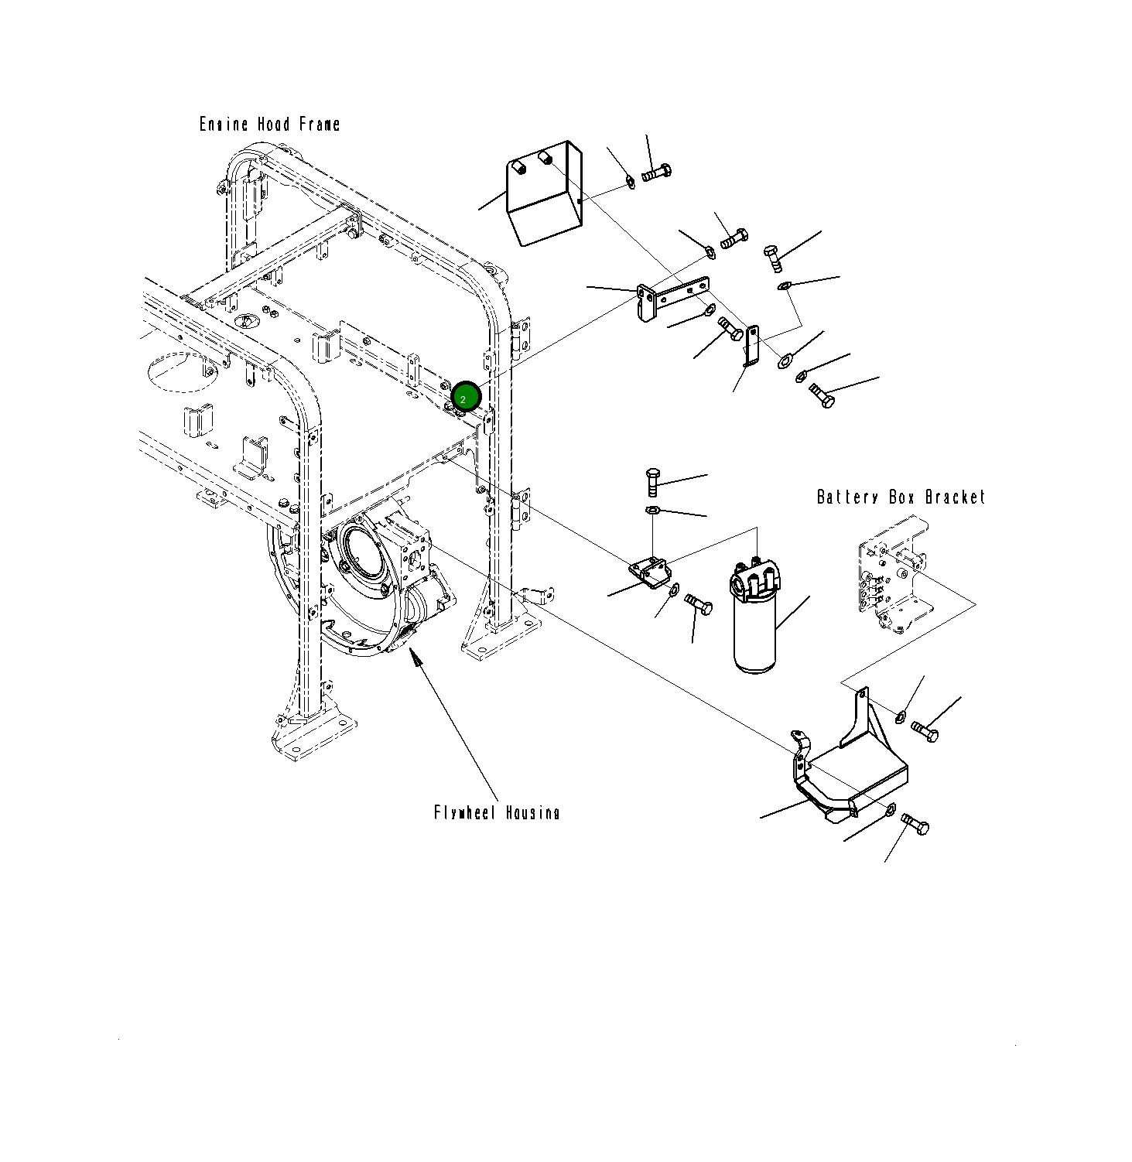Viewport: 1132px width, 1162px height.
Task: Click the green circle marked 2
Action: pyautogui.click(x=466, y=398)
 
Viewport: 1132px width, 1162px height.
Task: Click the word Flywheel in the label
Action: pyautogui.click(x=466, y=813)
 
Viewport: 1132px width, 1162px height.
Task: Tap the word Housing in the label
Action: pyautogui.click(x=533, y=813)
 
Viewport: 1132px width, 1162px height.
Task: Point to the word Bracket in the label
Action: pyautogui.click(x=956, y=497)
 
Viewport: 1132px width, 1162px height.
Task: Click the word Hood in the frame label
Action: pyautogui.click(x=273, y=125)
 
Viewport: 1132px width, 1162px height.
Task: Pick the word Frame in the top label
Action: pyautogui.click(x=319, y=125)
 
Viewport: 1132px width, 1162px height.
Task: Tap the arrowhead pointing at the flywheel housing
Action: pyautogui.click(x=415, y=657)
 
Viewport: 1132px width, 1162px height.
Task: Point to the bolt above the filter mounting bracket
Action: pyautogui.click(x=652, y=483)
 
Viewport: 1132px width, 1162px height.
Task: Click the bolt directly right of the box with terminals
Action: pyautogui.click(x=656, y=173)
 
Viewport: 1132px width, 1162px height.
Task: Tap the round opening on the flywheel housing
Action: pyautogui.click(x=363, y=551)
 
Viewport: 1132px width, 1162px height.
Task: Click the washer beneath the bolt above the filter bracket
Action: pyautogui.click(x=651, y=510)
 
